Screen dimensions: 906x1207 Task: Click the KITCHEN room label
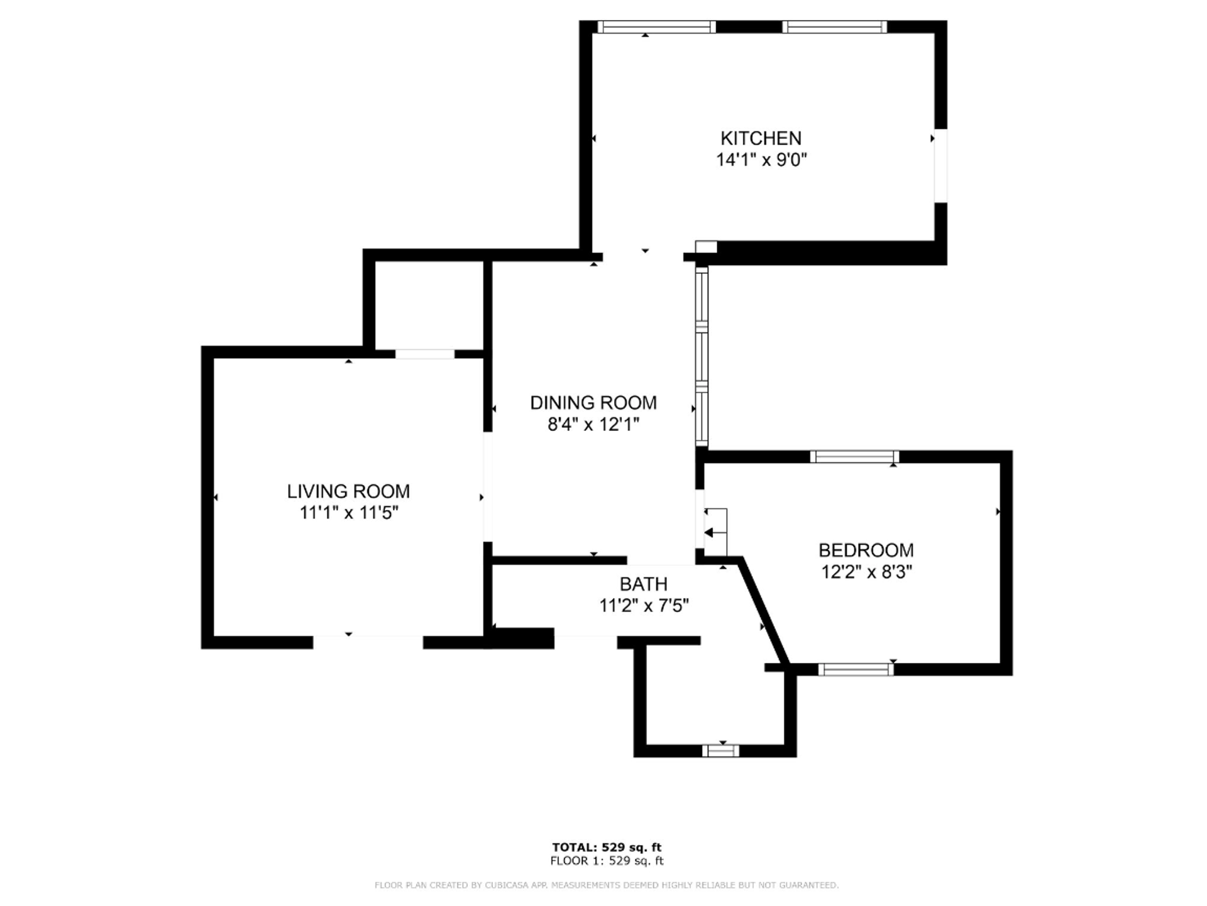761,138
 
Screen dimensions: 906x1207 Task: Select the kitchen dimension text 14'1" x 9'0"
761,160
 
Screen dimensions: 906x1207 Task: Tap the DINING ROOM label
593,403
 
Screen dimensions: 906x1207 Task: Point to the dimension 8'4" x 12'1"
593,425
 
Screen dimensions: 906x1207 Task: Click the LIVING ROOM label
348,491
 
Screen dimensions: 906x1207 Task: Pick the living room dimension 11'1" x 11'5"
349,513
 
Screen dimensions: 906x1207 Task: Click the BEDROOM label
866,550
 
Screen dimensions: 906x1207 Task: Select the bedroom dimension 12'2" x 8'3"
866,572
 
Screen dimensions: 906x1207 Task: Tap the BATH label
643,584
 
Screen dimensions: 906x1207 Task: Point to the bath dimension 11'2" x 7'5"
644,606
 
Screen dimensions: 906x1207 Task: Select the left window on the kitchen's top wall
656,27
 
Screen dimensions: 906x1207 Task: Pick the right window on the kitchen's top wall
834,27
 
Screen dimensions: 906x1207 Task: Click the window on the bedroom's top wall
854,457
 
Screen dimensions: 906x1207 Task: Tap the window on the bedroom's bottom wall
856,670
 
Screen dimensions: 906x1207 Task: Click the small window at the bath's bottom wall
720,751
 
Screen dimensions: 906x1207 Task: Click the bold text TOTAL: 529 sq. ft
607,848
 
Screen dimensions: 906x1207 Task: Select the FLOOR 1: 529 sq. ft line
607,861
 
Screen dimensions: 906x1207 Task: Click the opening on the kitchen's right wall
940,166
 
